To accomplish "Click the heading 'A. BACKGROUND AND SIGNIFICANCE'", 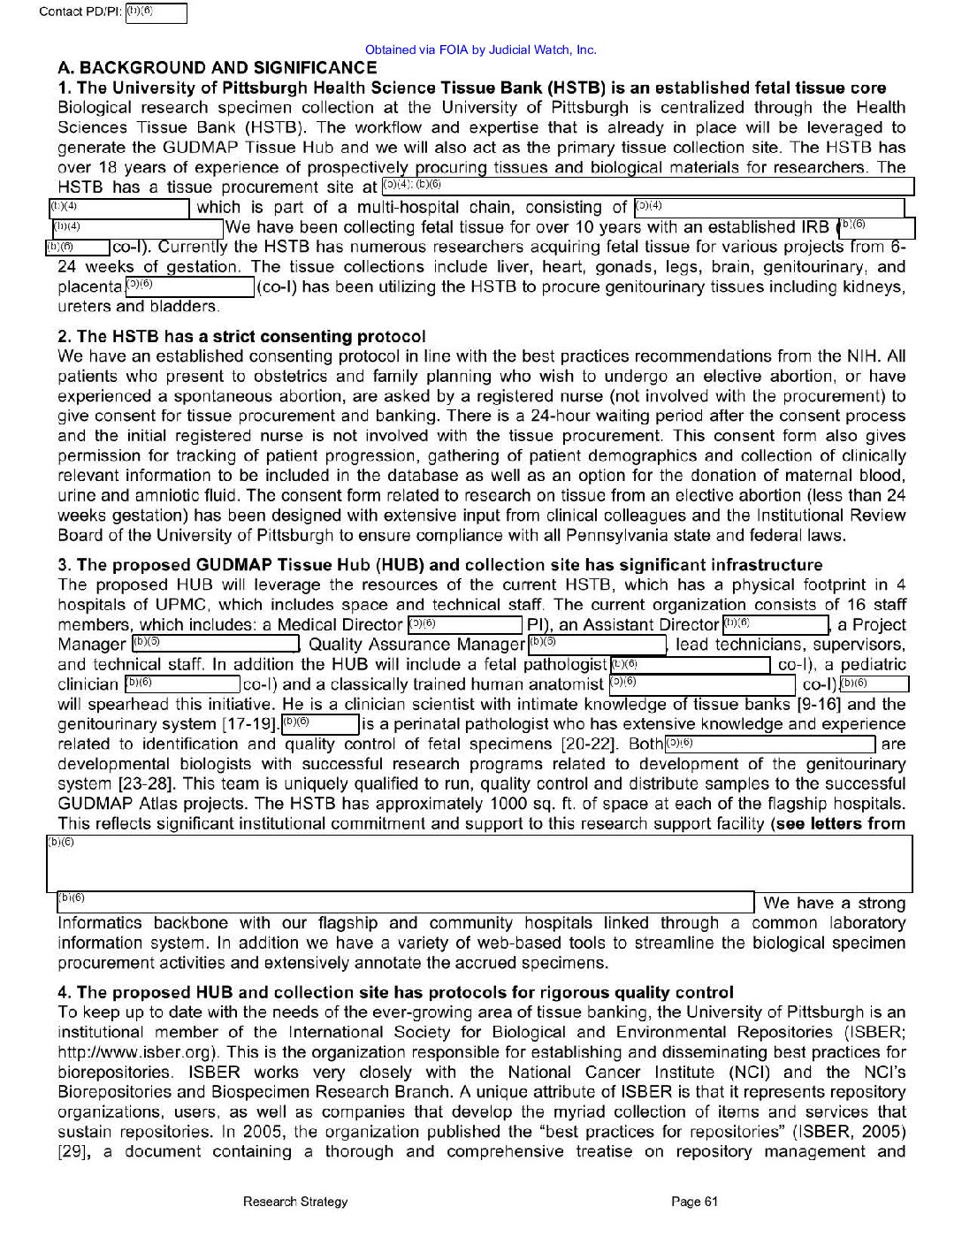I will click(x=217, y=68).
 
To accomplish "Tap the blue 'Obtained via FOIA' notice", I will click(x=480, y=50).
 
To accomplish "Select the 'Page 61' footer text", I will click(x=694, y=1201).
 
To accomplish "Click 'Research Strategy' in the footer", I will click(x=295, y=1201).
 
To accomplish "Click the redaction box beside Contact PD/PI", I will click(x=157, y=13).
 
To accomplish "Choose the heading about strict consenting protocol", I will click(x=241, y=336).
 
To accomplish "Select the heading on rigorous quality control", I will click(x=395, y=992).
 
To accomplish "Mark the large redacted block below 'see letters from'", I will click(x=479, y=863).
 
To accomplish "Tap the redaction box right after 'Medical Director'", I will click(x=465, y=625).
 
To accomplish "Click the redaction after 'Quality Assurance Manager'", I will click(x=597, y=645).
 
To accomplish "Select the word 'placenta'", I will click(x=89, y=286).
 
